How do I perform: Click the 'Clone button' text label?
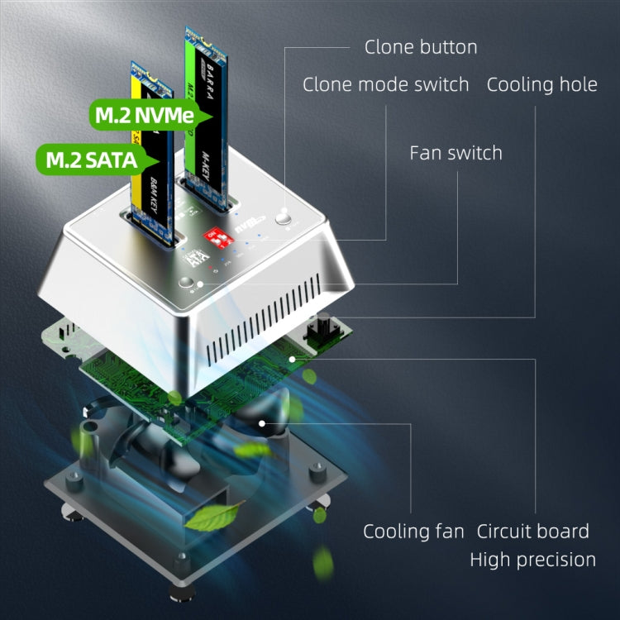421,47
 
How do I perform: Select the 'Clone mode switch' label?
385,84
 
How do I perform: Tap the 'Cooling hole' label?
541,84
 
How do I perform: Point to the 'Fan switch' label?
455,153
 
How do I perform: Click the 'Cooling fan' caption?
413,531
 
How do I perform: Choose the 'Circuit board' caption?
532,531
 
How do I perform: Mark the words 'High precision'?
532,560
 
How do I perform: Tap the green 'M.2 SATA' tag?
91,158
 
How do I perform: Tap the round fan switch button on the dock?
196,284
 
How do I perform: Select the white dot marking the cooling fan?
262,423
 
